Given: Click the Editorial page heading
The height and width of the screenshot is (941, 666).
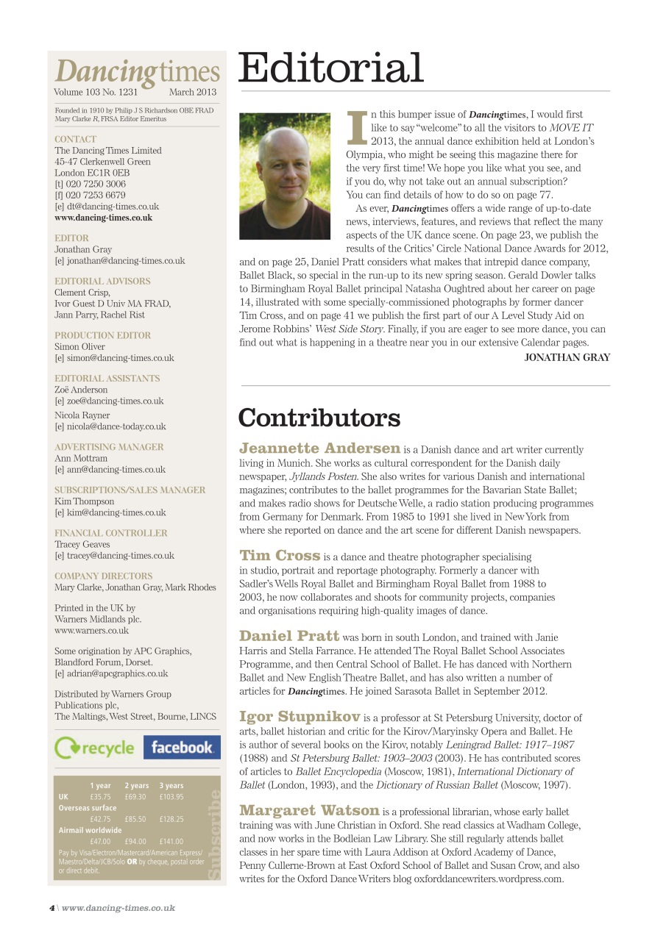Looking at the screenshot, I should coord(331,68).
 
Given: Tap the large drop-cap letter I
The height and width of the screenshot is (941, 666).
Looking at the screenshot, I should coord(356,127).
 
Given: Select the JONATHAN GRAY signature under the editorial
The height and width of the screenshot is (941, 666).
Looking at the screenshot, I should coord(567,357).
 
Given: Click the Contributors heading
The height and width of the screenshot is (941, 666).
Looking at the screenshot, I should coord(319,418).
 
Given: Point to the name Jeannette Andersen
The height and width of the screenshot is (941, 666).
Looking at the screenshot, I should coord(320,448).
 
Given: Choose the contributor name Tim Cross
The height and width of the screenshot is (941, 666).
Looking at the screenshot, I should coord(280,556).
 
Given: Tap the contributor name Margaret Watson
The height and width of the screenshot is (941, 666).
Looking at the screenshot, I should coord(310,811).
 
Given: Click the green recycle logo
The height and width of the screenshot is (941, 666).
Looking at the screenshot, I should coord(95,748).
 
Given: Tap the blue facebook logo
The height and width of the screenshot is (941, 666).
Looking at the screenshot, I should coord(182,748).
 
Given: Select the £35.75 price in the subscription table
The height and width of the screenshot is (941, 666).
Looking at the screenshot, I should coord(100,796).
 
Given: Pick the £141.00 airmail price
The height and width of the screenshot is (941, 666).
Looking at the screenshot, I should coord(171,841).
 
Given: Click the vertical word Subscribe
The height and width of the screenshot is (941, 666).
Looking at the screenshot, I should coord(214,834).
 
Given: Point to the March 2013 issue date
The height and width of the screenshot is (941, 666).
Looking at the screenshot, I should coord(193,93).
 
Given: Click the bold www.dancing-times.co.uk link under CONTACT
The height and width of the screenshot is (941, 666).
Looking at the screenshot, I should coord(104,218).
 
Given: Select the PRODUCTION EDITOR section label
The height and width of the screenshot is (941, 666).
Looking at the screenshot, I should coord(103,335).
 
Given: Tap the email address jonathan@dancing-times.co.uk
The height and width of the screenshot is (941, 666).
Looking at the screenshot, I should coord(120,261).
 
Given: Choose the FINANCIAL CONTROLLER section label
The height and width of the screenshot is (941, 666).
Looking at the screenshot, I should coord(111,533).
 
